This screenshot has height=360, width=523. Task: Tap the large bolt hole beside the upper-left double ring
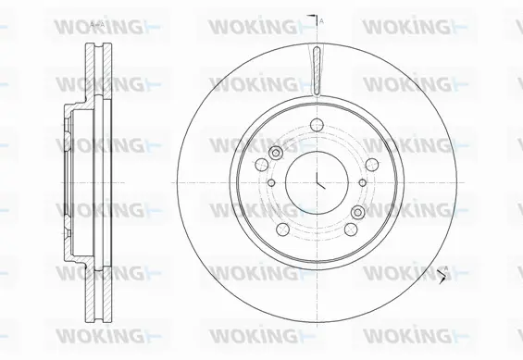click(x=264, y=163)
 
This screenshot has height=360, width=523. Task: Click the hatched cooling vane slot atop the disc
click(x=317, y=70)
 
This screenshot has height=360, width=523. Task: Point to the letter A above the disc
click(x=321, y=19)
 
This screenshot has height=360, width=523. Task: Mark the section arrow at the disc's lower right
click(x=445, y=272)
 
